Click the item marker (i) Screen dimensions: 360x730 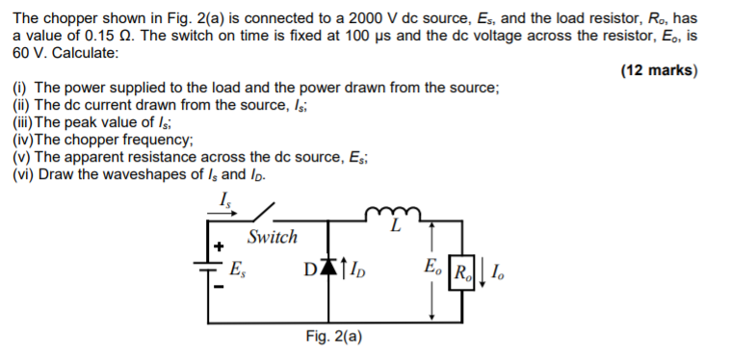click(x=21, y=88)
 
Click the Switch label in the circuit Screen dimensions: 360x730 click(x=273, y=237)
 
